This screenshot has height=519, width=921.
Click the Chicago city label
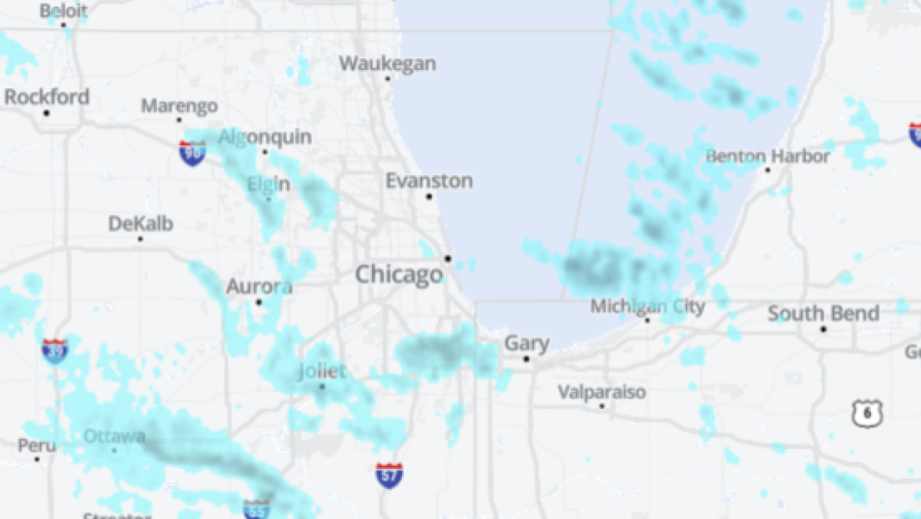click(x=398, y=274)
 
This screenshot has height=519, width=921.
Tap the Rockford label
click(x=47, y=97)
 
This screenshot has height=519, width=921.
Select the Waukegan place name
click(x=387, y=63)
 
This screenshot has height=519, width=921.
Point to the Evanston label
click(x=429, y=181)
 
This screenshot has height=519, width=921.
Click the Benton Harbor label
click(x=768, y=156)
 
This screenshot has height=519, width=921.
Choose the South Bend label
click(x=823, y=314)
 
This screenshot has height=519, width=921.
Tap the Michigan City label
click(x=647, y=307)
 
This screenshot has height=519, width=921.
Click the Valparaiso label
click(x=602, y=392)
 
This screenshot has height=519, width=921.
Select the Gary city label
click(x=527, y=343)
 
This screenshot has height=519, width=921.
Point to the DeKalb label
click(x=141, y=224)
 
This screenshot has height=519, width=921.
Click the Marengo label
click(x=179, y=106)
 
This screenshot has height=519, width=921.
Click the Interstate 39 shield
click(x=55, y=351)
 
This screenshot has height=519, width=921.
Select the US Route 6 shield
click(x=867, y=414)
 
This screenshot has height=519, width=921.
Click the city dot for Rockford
click(x=46, y=113)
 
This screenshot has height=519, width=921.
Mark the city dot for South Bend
click(x=823, y=329)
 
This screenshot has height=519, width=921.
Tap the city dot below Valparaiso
click(x=602, y=406)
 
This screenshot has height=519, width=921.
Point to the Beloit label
click(x=63, y=11)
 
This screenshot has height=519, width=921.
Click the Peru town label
click(x=37, y=445)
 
